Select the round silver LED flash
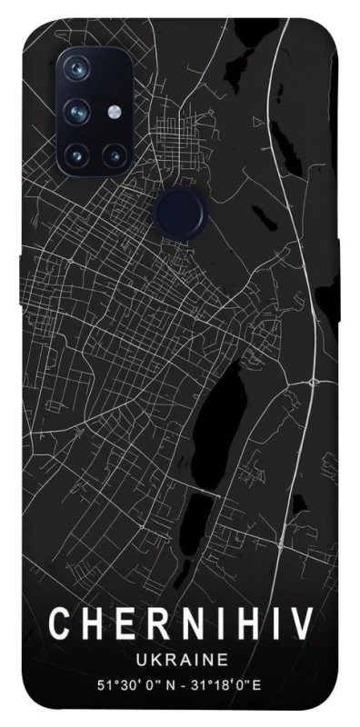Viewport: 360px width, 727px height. point(114,112)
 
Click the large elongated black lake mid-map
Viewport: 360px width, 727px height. point(215,409)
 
